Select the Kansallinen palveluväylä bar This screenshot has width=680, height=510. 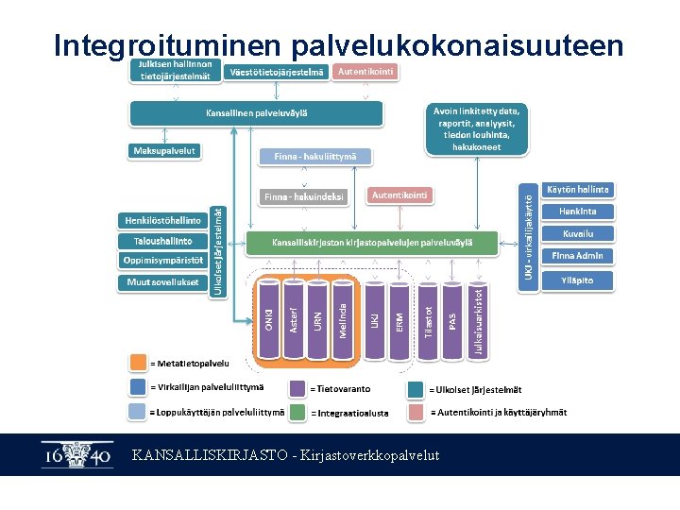(256, 113)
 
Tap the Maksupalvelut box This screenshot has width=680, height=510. (163, 150)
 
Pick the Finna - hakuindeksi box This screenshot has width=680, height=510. (304, 197)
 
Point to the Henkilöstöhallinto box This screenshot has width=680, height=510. (162, 220)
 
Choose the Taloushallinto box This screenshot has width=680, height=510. (162, 241)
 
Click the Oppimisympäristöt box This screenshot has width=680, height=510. (162, 261)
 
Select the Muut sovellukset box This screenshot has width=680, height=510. (162, 282)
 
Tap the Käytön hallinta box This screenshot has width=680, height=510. (577, 190)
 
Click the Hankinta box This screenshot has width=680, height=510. (577, 212)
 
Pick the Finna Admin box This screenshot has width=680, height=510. (577, 256)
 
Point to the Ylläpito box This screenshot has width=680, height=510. (577, 280)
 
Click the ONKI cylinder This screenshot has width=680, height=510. (268, 319)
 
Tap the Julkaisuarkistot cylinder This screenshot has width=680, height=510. (479, 321)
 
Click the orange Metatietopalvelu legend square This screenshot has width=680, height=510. (138, 362)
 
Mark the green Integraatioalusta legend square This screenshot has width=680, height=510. (299, 412)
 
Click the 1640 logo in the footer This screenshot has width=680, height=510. (76, 455)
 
